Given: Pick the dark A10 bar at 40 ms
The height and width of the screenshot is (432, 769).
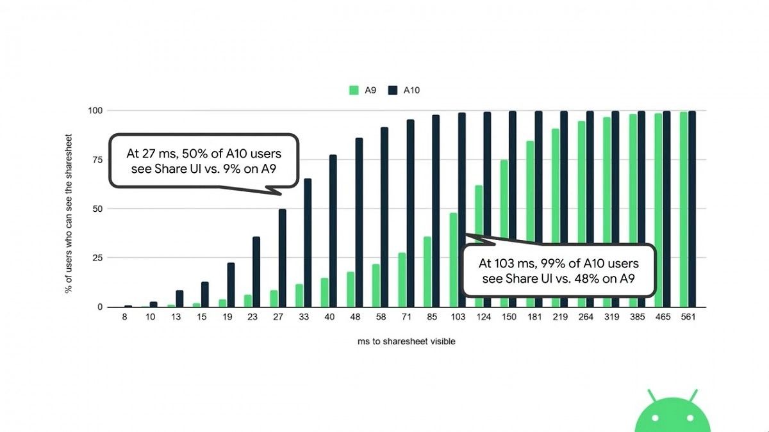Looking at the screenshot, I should (x=333, y=230).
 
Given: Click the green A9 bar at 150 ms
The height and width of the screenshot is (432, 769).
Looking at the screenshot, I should (x=504, y=233).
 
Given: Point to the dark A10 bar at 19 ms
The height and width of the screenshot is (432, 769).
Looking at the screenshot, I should (x=231, y=285).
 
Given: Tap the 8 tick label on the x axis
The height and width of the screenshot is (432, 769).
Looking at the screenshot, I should (x=124, y=317).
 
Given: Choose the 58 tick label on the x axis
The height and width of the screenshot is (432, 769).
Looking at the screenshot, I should (x=381, y=317).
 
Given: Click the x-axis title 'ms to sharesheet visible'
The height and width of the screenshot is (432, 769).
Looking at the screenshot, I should (x=406, y=341).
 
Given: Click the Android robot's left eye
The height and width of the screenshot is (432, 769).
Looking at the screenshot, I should (x=654, y=418).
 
